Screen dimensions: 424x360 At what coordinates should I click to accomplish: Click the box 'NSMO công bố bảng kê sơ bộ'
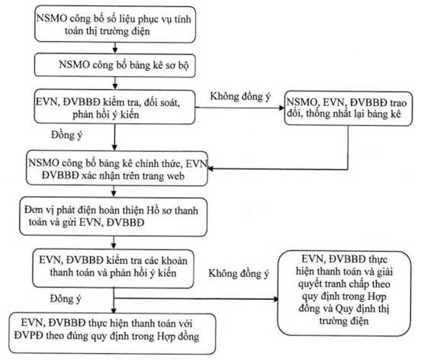(x=115, y=65)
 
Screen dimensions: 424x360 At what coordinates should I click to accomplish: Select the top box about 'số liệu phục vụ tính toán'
(x=115, y=24)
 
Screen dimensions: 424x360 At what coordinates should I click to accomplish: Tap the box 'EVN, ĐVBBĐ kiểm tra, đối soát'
(x=114, y=107)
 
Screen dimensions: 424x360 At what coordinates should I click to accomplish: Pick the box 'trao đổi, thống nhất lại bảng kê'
(x=349, y=108)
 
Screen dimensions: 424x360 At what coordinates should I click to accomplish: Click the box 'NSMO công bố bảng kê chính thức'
(x=117, y=169)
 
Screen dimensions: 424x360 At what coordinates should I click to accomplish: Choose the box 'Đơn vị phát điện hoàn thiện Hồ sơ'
(x=114, y=217)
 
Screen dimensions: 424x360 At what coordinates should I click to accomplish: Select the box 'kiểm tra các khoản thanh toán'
(x=114, y=268)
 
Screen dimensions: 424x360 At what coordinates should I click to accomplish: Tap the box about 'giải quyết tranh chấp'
(x=344, y=294)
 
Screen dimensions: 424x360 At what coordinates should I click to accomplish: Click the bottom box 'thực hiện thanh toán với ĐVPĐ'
(x=113, y=333)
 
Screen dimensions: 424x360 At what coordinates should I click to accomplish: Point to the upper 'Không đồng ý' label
(x=240, y=97)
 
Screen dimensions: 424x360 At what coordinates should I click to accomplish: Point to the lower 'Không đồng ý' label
(x=239, y=274)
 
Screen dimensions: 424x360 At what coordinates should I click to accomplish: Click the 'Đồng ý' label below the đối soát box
(x=66, y=135)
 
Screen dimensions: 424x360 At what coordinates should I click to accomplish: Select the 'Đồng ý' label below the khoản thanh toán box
(x=66, y=299)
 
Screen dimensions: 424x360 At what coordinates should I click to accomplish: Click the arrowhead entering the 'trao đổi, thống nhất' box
(x=282, y=108)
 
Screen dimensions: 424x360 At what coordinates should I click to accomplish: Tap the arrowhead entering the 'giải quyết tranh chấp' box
(x=275, y=299)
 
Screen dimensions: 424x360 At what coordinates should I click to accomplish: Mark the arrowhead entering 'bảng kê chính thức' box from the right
(x=210, y=169)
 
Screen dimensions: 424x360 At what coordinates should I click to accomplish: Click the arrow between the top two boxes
(x=115, y=48)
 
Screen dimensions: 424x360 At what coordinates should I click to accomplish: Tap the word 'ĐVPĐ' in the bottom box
(x=28, y=336)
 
